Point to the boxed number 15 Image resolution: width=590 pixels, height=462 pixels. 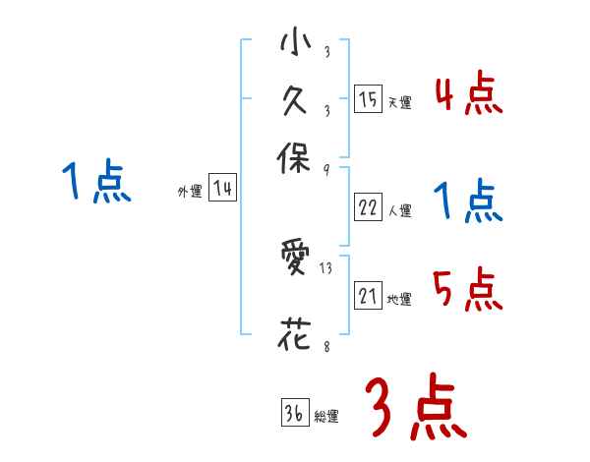coord(368,99)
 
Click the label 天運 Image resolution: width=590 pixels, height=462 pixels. coord(399,102)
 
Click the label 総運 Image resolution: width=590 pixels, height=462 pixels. coord(325,417)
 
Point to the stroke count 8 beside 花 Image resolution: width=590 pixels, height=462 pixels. coord(324,345)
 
